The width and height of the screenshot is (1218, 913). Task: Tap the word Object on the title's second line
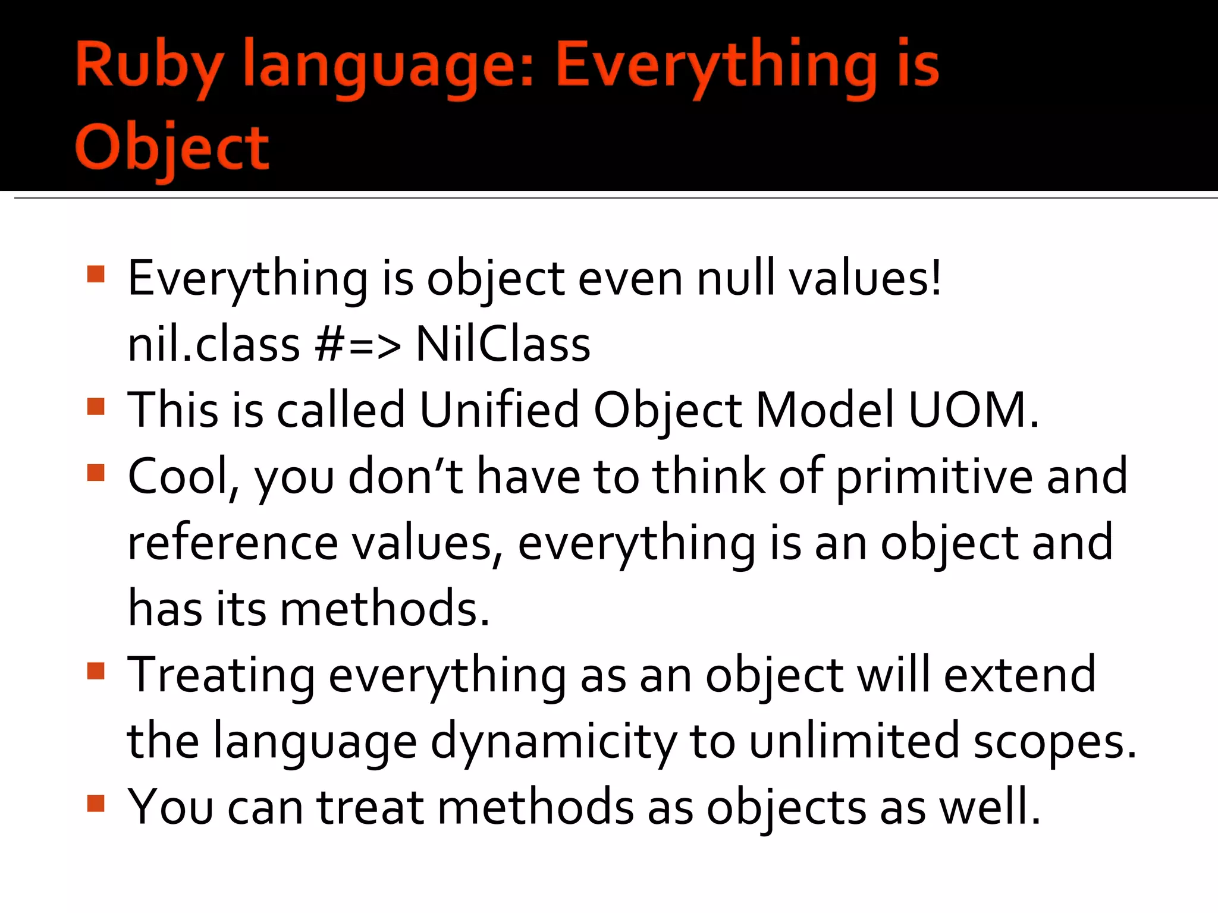pyautogui.click(x=172, y=147)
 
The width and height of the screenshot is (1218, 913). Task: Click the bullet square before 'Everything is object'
pyautogui.click(x=96, y=274)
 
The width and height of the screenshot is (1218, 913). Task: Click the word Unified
pyautogui.click(x=499, y=410)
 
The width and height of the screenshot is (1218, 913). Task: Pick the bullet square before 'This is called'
pyautogui.click(x=96, y=407)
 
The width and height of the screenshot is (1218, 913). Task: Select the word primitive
pyautogui.click(x=934, y=477)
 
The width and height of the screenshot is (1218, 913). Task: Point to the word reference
pyautogui.click(x=233, y=543)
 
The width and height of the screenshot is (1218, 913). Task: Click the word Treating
pyautogui.click(x=221, y=676)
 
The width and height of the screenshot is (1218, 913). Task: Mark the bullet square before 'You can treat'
pyautogui.click(x=96, y=804)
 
